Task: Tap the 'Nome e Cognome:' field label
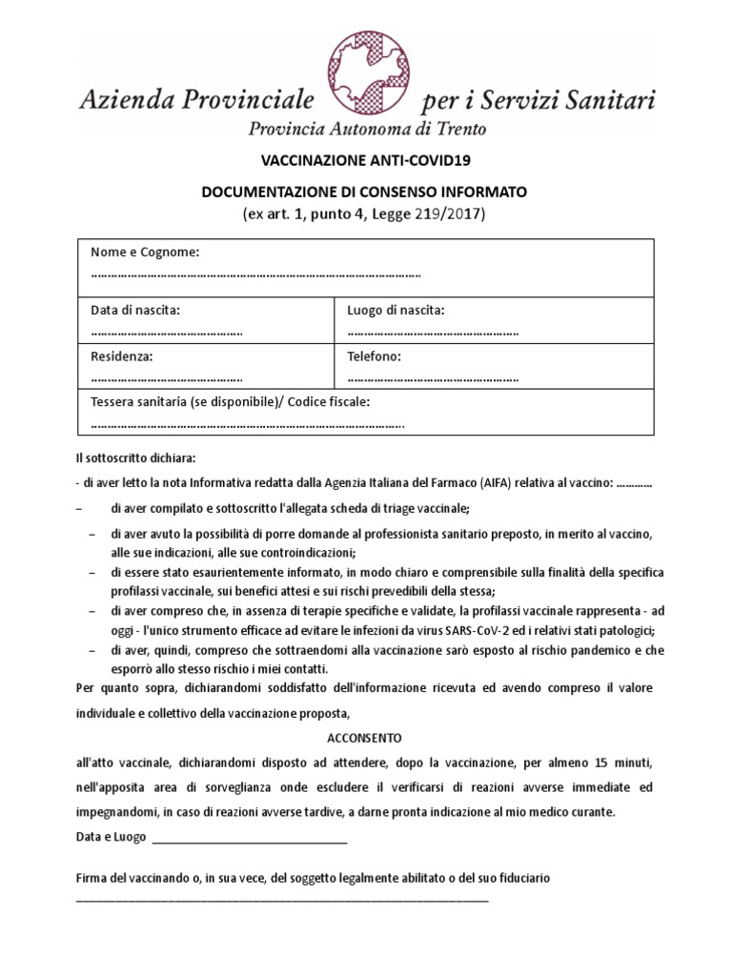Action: (144, 252)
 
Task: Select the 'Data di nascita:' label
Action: (135, 310)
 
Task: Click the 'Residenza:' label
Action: (121, 356)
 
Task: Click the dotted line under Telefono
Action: (433, 378)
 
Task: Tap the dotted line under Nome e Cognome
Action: (255, 274)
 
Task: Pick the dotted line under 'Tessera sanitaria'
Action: (248, 425)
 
